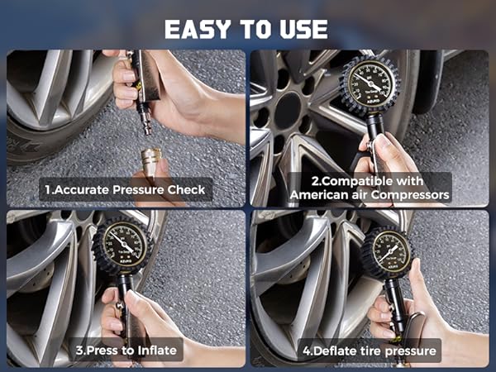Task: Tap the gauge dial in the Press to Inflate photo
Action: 122,243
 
